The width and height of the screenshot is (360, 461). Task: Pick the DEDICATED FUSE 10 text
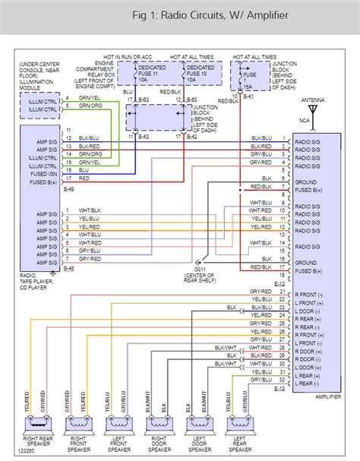click(199, 71)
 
